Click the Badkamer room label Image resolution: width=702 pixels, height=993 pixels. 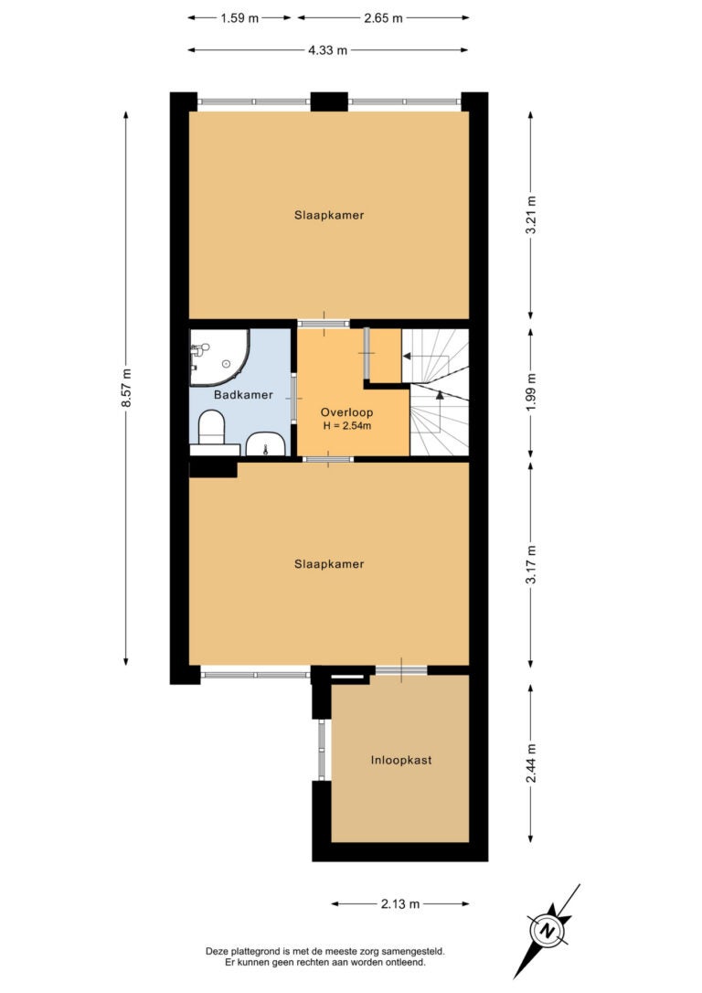243,394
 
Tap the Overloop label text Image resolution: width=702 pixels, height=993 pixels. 346,412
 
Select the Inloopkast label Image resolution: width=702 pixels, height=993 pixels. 401,760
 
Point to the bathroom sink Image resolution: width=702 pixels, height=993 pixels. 266,444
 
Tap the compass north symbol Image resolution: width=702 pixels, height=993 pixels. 546,931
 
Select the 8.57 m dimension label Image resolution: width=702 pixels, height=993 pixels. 127,389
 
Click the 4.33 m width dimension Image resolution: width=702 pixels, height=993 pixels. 328,50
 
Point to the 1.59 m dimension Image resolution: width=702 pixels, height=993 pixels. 239,17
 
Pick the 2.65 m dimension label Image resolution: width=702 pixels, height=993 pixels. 383,17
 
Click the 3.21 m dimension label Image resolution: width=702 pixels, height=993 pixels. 531,215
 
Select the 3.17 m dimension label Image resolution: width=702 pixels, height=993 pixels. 531,563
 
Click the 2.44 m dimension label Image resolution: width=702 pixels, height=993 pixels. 531,763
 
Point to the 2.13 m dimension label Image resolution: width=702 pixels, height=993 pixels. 400,903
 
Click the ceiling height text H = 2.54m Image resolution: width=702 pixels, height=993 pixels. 346,425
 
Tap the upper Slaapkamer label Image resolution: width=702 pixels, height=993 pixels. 329,215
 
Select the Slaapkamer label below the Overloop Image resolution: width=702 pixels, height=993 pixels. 329,564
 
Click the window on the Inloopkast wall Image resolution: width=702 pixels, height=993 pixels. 322,750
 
